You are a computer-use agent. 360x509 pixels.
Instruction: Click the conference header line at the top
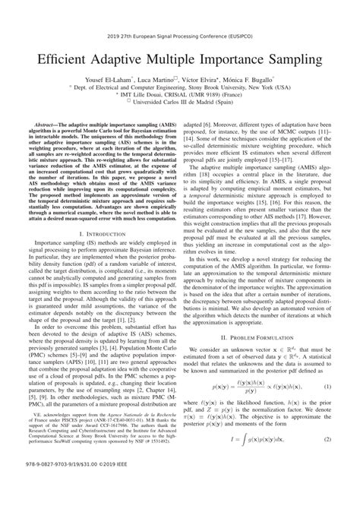(x=180, y=14)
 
